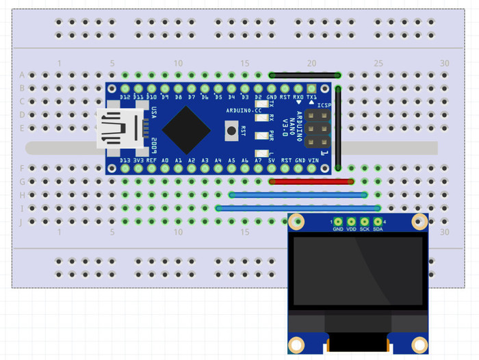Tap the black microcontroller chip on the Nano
[x=185, y=129]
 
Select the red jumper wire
[x=311, y=181]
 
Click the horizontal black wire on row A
[x=305, y=75]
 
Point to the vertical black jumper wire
[x=339, y=130]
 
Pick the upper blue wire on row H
[x=298, y=194]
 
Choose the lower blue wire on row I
[x=298, y=208]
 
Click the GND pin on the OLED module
[x=338, y=221]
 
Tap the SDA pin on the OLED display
[x=378, y=221]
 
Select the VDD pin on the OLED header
[x=351, y=221]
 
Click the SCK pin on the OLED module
[x=365, y=221]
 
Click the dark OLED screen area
[x=358, y=270]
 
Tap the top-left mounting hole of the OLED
[x=297, y=221]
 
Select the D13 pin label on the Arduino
[x=125, y=160]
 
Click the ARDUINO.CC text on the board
[x=244, y=110]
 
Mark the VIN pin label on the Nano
[x=313, y=160]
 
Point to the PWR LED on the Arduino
[x=261, y=136]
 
